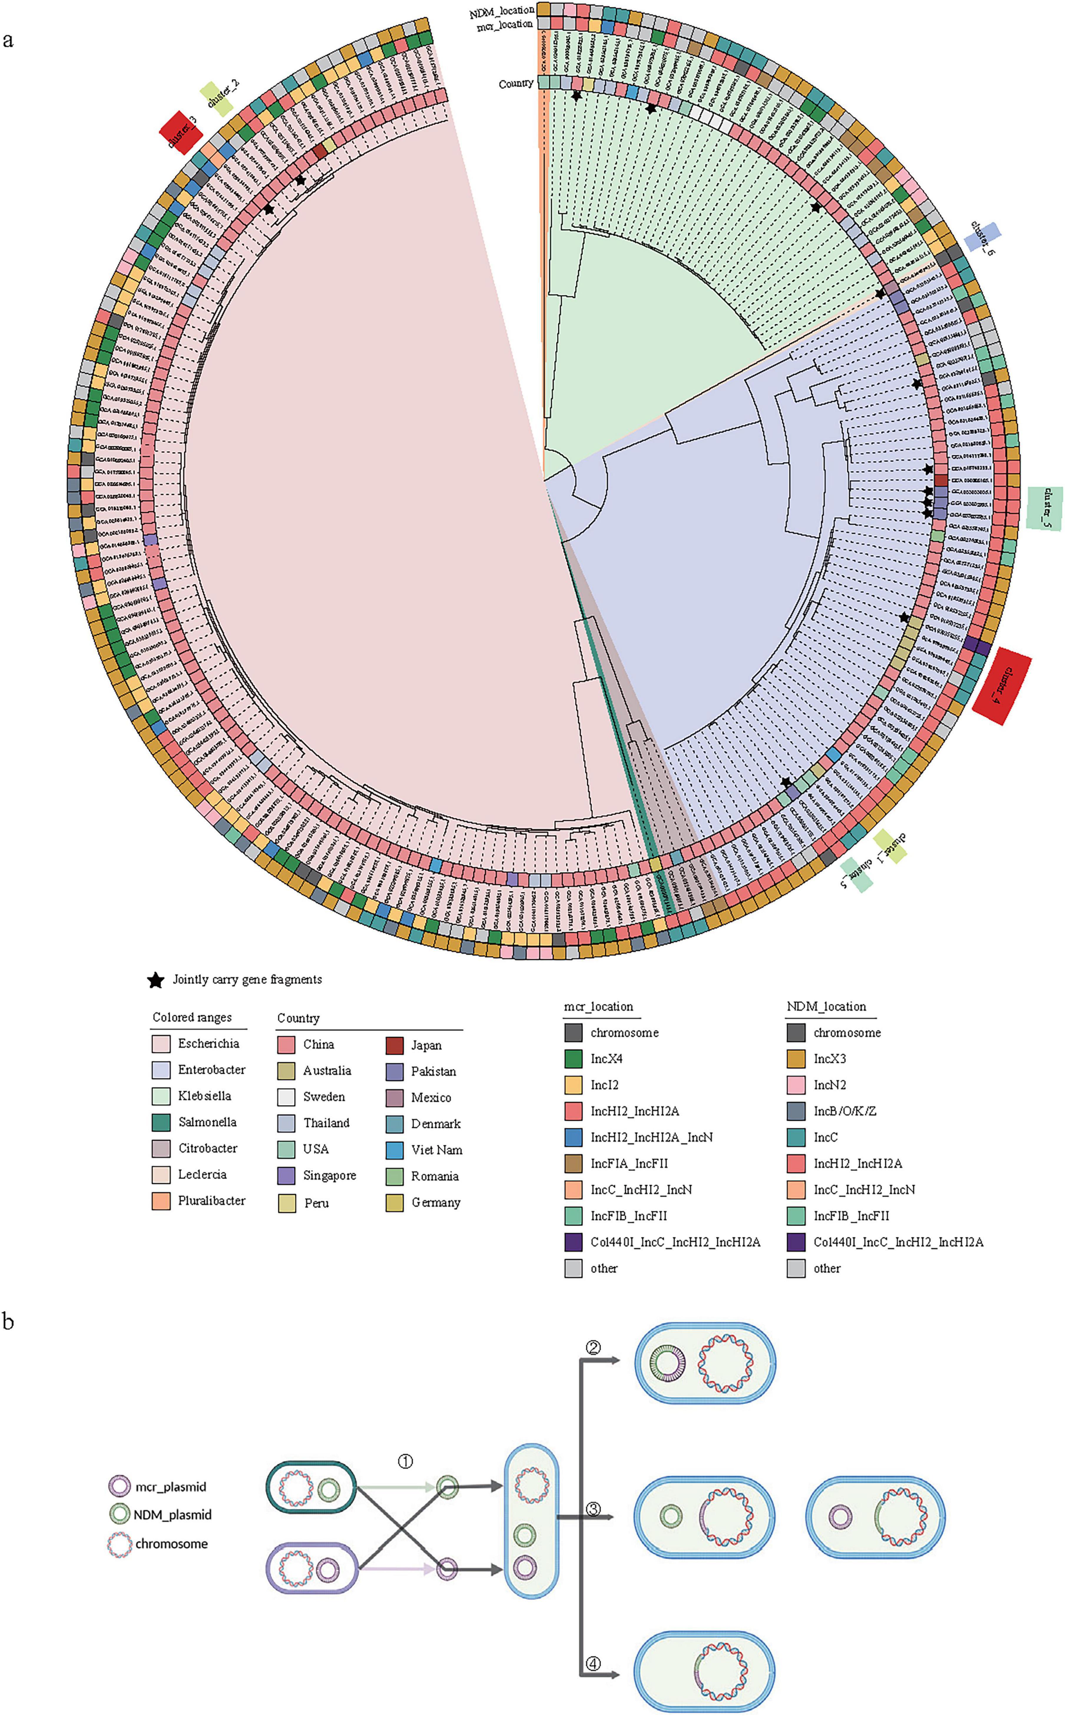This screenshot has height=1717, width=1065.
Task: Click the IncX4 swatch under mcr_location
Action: coord(573,1059)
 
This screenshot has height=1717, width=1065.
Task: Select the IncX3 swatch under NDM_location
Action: coord(796,1059)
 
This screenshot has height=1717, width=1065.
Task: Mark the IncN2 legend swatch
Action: coord(796,1084)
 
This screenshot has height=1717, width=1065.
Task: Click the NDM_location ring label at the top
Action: coord(501,11)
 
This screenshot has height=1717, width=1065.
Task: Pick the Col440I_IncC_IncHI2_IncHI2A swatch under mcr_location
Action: coord(573,1242)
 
